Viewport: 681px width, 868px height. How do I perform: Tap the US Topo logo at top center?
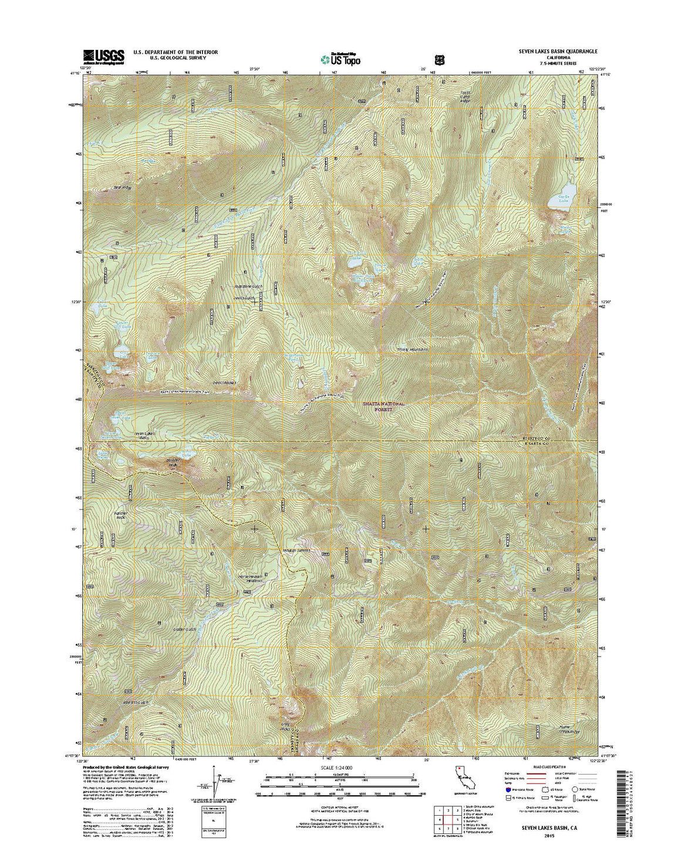tap(340, 59)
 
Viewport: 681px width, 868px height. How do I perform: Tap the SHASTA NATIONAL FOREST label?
tap(385, 407)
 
